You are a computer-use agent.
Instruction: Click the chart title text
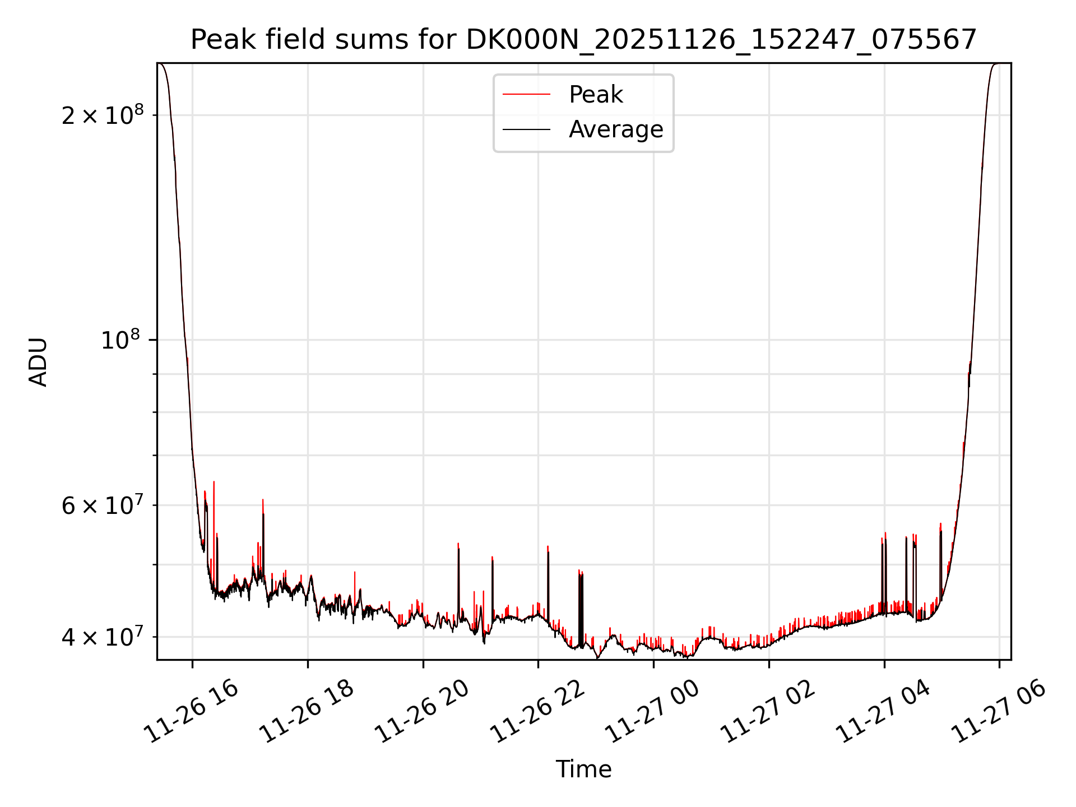[x=583, y=40]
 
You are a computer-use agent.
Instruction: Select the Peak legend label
[x=595, y=94]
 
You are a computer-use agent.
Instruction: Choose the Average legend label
[x=615, y=129]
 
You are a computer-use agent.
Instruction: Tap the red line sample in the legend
[x=526, y=94]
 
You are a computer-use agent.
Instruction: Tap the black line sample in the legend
[x=526, y=129]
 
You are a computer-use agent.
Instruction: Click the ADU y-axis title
[x=39, y=361]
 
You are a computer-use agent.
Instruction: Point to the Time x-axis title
[x=583, y=769]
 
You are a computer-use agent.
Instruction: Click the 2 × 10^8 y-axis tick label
[x=103, y=115]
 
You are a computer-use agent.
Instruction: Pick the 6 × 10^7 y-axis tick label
[x=103, y=505]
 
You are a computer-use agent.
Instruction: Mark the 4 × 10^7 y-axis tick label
[x=103, y=637]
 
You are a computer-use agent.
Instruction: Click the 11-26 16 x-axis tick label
[x=191, y=712]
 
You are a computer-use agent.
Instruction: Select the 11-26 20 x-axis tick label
[x=422, y=712]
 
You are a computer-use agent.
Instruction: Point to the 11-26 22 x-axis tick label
[x=537, y=712]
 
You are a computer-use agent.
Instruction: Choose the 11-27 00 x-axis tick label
[x=653, y=712]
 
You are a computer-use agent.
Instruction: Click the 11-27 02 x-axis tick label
[x=768, y=712]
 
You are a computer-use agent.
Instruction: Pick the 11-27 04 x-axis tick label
[x=883, y=712]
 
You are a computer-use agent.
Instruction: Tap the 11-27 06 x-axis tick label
[x=999, y=712]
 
